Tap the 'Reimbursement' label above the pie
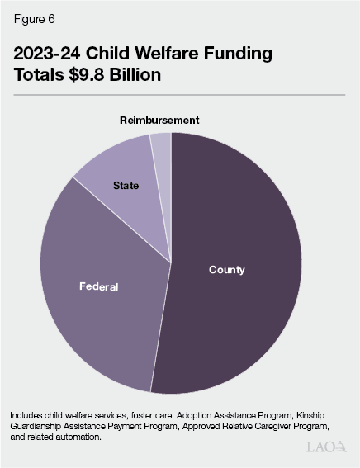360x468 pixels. (159, 121)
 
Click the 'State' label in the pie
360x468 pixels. (126, 186)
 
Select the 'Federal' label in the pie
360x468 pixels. (98, 286)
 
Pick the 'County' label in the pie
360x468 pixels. (226, 270)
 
